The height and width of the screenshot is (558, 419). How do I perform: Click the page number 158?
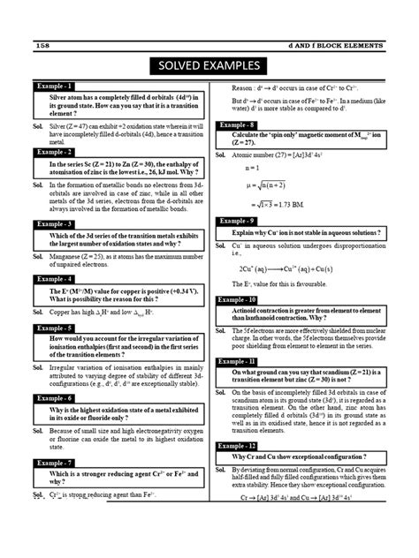tap(42, 44)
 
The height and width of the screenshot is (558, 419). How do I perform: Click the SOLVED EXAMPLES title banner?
tap(209, 66)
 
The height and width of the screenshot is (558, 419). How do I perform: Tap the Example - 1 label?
tap(55, 87)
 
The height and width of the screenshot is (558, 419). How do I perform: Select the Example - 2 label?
tap(55, 153)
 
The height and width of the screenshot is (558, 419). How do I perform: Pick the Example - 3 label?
tap(55, 225)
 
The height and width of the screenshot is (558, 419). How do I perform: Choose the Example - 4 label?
tap(55, 279)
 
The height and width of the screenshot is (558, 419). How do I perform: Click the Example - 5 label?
tap(55, 328)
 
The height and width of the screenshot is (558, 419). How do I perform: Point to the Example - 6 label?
tap(55, 398)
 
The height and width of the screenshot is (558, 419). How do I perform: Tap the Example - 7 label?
tap(55, 463)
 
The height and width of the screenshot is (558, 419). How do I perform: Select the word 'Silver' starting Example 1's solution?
tap(57, 128)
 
